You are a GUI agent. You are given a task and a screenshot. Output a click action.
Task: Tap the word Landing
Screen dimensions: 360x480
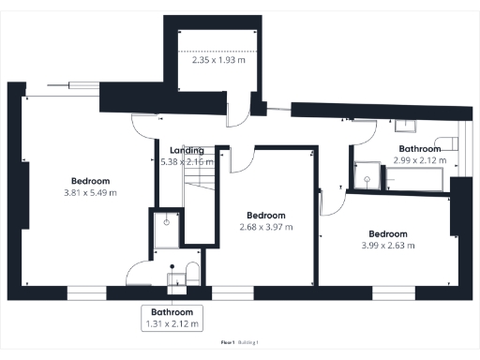click(187, 150)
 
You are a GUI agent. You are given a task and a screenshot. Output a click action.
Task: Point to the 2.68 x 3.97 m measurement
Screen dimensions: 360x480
click(266, 227)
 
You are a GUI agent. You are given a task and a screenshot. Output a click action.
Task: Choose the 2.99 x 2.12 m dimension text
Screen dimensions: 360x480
click(420, 160)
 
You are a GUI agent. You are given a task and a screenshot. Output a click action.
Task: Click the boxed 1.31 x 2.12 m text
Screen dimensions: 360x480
click(172, 324)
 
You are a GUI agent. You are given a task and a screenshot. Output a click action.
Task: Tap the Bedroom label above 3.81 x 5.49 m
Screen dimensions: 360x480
click(91, 181)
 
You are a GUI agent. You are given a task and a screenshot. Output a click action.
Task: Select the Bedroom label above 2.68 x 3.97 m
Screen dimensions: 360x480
click(265, 215)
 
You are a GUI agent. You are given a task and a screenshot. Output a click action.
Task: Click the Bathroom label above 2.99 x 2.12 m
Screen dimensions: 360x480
click(420, 148)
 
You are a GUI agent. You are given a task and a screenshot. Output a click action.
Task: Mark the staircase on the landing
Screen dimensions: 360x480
click(199, 202)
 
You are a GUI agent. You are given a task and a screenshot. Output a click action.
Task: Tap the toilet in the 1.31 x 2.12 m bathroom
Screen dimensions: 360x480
click(190, 273)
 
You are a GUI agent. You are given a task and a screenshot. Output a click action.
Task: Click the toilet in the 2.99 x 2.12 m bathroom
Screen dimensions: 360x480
click(450, 143)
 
